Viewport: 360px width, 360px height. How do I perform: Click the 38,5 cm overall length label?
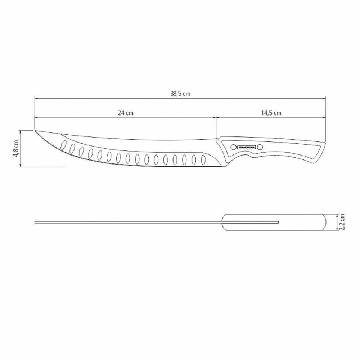click(x=180, y=94)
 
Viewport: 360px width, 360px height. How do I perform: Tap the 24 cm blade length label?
click(x=126, y=113)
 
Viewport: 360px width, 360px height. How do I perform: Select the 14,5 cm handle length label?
click(x=271, y=113)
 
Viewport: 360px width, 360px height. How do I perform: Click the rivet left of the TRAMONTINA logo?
click(x=233, y=147)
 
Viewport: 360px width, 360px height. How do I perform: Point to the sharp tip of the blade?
click(x=35, y=130)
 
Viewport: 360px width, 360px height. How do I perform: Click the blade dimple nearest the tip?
click(x=64, y=146)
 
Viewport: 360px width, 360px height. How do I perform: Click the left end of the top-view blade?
click(x=36, y=222)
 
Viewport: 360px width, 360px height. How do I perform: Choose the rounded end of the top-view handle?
click(x=325, y=222)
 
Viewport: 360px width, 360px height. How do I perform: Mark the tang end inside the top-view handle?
click(x=278, y=222)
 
